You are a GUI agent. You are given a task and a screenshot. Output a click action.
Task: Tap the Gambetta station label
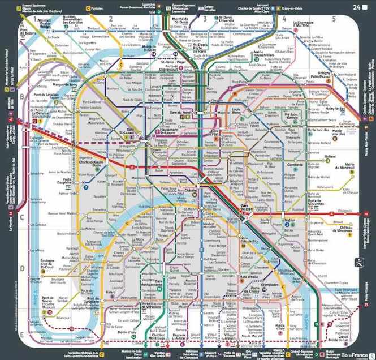coord(296,165)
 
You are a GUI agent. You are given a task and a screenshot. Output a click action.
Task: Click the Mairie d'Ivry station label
coord(279,326)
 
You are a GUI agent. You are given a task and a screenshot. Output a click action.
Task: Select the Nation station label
coord(289,220)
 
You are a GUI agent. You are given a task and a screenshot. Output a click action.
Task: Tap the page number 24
coord(356,7)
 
